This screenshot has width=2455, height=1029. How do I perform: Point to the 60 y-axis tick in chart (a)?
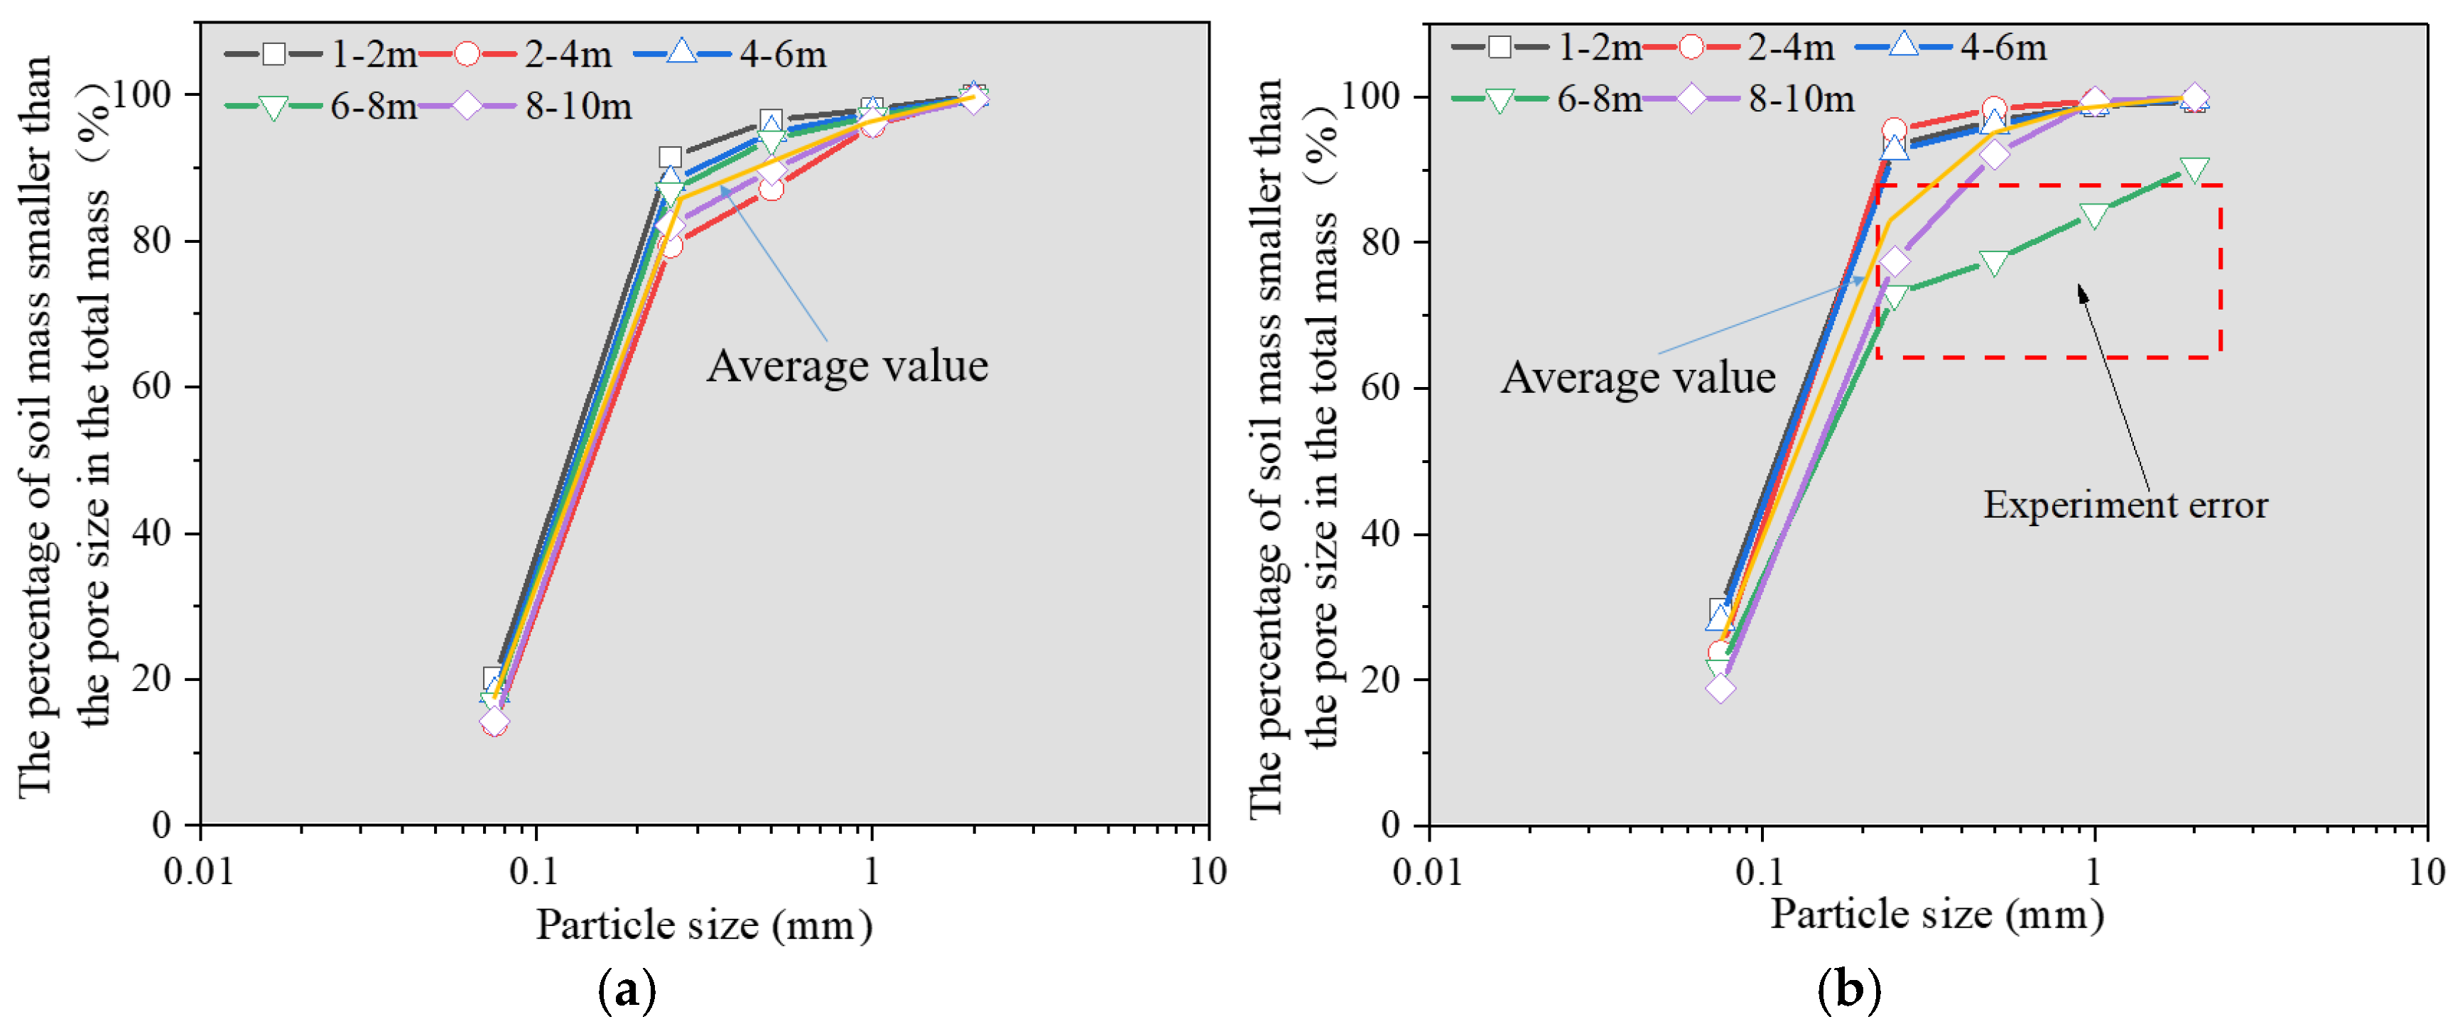coord(151,387)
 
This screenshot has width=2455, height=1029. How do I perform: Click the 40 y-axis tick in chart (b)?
coord(1381,533)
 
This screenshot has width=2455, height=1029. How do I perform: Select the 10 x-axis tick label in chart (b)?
coord(2425,871)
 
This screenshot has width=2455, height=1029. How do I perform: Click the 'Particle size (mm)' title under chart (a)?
coord(703,924)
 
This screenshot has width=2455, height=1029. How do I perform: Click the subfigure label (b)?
coord(1849,991)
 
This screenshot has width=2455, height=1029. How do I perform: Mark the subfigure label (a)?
coord(626,991)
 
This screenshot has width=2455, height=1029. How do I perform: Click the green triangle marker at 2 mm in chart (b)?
coord(2194,170)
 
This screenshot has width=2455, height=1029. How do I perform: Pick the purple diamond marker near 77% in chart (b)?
coord(1895,261)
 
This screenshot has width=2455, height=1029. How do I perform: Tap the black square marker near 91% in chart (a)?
coord(670,157)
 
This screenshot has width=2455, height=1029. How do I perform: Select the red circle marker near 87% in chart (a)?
coord(771,189)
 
